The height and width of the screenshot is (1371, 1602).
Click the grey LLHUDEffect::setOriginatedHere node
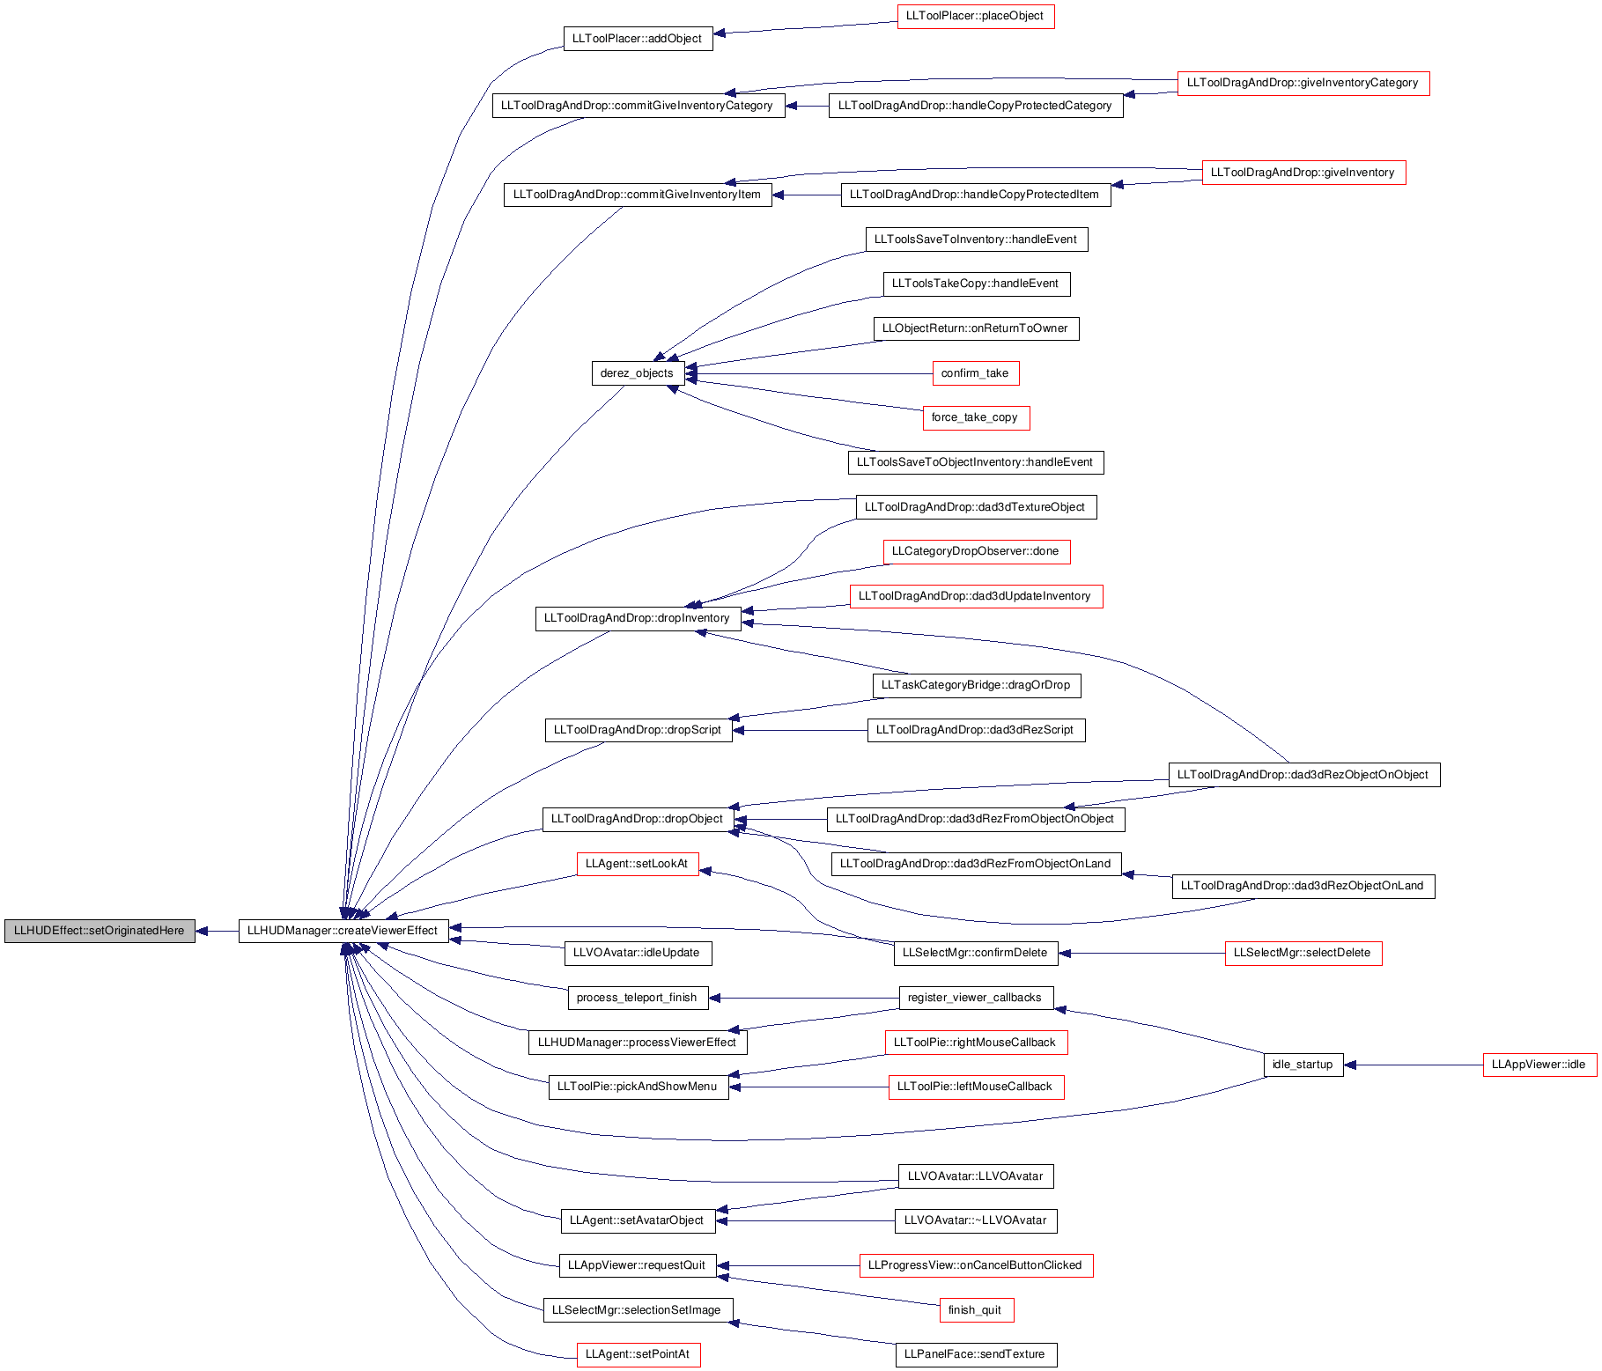[100, 931]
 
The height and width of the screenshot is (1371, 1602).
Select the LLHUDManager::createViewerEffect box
[343, 931]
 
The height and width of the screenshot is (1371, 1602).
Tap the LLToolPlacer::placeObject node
[975, 17]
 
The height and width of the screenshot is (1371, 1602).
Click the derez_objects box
[637, 373]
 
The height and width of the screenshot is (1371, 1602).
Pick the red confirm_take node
[975, 373]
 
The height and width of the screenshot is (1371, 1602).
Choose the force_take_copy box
[975, 418]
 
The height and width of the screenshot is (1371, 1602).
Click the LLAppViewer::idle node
[1539, 1065]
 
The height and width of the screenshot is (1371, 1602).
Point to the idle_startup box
[1303, 1065]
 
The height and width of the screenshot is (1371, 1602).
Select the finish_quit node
[975, 1310]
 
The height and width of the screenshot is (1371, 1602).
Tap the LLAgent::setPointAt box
[638, 1355]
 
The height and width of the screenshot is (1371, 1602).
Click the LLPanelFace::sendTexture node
[975, 1355]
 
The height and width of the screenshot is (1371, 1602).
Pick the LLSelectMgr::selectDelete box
[1303, 953]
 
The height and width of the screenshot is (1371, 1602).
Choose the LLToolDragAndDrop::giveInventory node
[1303, 173]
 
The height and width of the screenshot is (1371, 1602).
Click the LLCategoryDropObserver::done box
[976, 552]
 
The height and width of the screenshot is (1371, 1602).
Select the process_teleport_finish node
[637, 998]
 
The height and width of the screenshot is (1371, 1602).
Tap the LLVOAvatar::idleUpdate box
[637, 953]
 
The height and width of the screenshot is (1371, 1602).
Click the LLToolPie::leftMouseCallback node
[975, 1087]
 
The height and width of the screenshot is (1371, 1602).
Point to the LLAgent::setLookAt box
[637, 864]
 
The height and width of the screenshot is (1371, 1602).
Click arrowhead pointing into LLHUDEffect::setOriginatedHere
[203, 931]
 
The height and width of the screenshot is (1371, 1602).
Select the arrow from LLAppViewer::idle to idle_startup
[1413, 1065]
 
